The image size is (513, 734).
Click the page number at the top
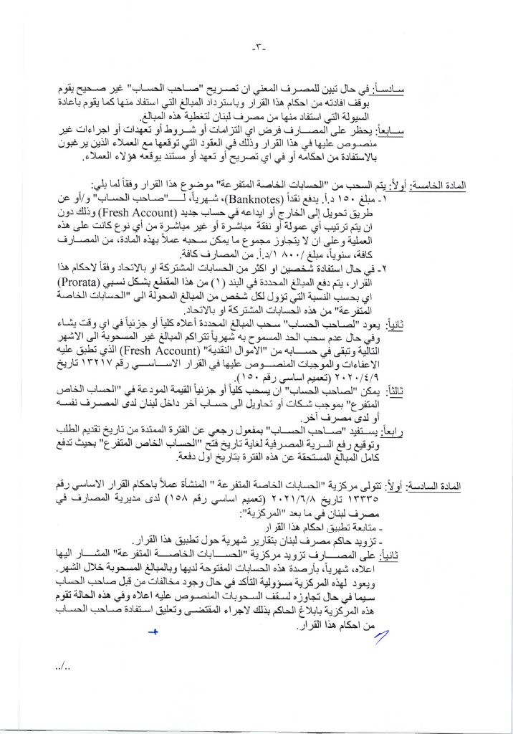(x=259, y=48)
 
